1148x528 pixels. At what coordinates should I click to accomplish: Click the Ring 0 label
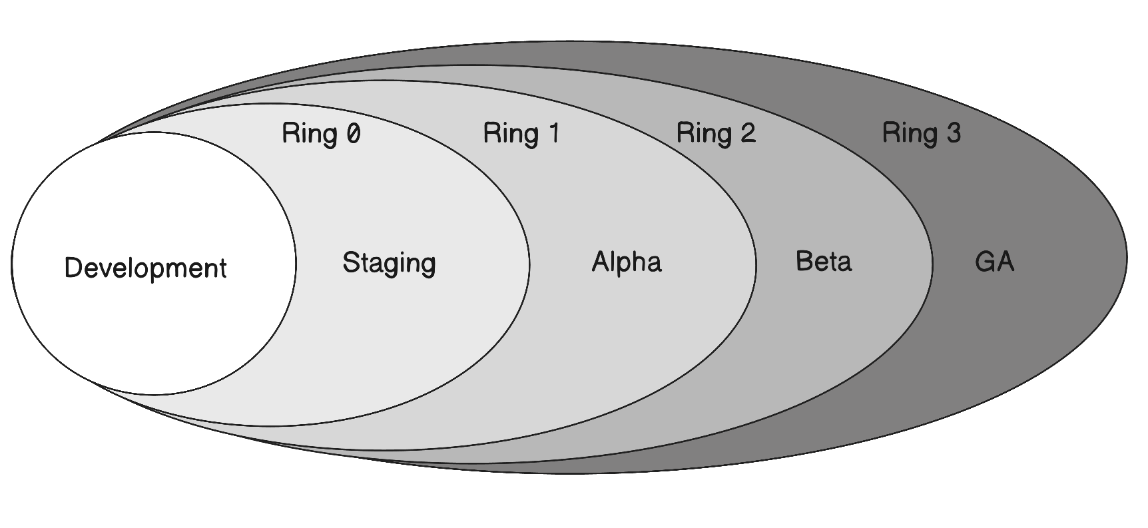coord(321,133)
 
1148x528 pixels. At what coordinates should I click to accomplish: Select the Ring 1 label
coord(521,133)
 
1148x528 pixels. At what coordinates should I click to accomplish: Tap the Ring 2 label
coord(716,133)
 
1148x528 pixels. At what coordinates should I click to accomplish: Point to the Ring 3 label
coord(922,133)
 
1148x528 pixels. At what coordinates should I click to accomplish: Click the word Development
coord(145,268)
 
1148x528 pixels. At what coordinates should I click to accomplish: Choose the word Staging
coord(389,263)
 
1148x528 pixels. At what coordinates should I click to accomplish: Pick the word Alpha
coord(627,262)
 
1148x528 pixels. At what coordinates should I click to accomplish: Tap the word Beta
coord(824,261)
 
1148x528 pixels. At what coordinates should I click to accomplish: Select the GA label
coord(994,262)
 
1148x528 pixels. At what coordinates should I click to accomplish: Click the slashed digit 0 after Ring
coord(353,134)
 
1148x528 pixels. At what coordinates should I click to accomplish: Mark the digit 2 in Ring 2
coord(748,134)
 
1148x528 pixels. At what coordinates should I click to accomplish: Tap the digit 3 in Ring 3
coord(954,133)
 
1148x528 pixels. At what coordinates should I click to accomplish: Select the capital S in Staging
coord(350,262)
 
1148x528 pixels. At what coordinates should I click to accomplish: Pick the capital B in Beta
coord(804,261)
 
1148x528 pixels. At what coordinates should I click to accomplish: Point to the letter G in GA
coord(984,262)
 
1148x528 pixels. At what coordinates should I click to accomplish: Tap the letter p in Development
coord(160,271)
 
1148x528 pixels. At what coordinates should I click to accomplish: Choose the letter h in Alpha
coord(635,261)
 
